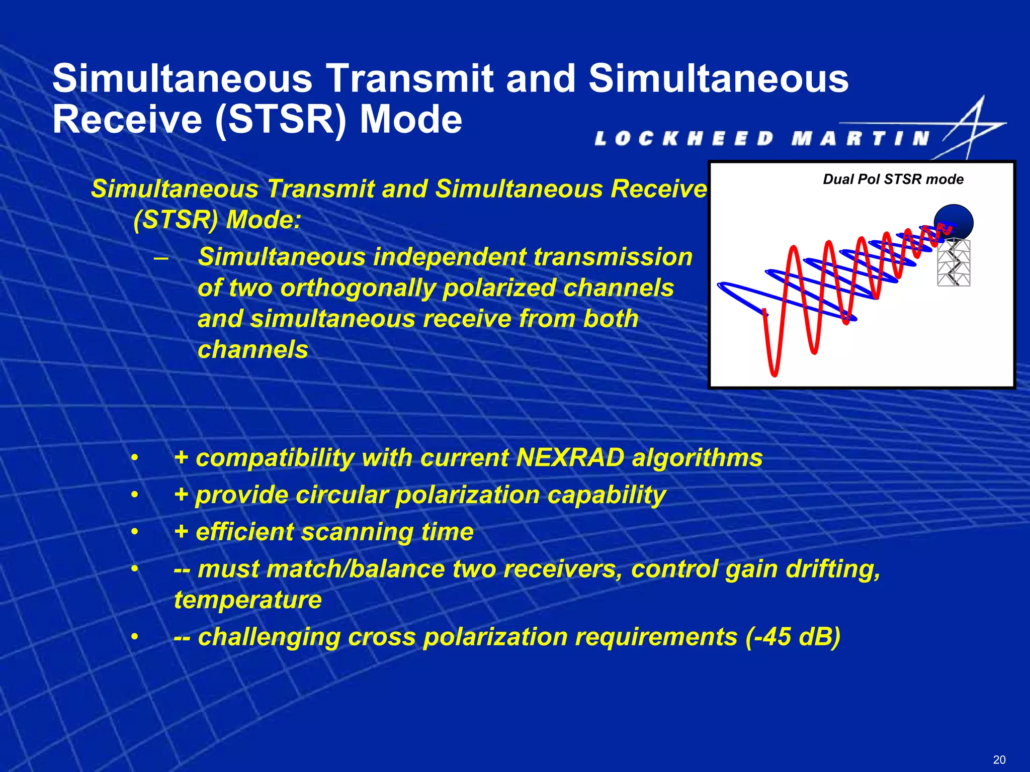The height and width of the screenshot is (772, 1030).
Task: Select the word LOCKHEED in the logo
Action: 684,138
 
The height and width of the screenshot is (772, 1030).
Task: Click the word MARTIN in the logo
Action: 861,138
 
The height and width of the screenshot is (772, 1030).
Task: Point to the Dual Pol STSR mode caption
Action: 893,179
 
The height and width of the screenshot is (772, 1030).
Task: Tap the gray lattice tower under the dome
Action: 954,263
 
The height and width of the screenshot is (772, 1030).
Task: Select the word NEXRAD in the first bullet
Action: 570,458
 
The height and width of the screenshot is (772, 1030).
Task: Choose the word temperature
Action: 247,600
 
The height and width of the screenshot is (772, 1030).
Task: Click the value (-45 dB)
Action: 793,637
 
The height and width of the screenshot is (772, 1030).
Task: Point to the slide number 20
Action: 999,759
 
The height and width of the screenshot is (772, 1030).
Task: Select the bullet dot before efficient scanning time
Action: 134,532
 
